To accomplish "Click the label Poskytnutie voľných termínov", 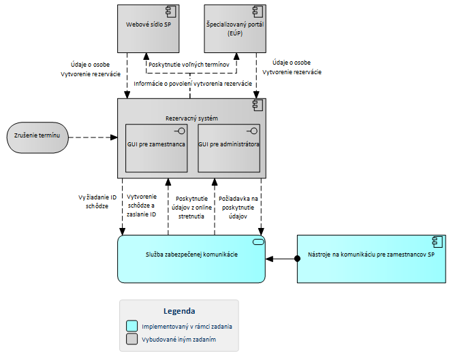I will click(189, 65).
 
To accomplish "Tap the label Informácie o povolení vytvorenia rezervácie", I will click(193, 84).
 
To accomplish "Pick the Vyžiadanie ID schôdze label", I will click(97, 201).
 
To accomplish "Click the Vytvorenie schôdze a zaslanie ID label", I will click(142, 205).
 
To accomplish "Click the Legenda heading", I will click(178, 311).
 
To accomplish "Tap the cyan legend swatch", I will click(132, 326).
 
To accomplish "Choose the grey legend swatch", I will click(132, 339).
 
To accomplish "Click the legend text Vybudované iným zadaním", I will click(179, 339).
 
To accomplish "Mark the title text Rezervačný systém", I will click(191, 118).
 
